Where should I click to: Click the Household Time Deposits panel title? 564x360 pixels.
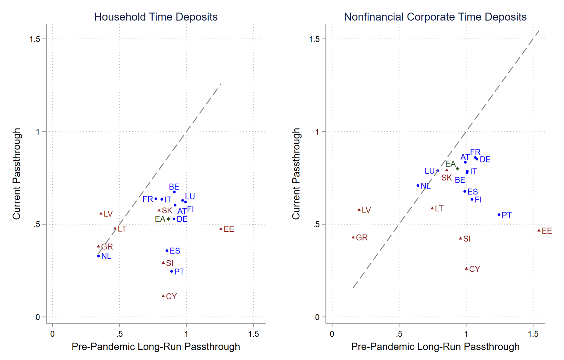pos(156,17)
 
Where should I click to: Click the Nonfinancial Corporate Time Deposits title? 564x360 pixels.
pos(435,17)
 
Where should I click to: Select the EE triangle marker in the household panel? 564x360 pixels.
pos(221,229)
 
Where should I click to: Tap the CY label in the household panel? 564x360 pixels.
pos(171,296)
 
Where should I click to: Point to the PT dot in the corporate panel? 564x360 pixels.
pos(499,215)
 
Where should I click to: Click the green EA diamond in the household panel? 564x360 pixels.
pos(168,219)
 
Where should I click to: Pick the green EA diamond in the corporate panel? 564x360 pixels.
pos(457,169)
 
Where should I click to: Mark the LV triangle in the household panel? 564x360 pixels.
pos(101,213)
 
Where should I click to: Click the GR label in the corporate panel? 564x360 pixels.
pos(362,238)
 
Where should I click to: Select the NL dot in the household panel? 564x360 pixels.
pos(99,256)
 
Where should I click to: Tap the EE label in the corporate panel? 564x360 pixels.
pos(547,231)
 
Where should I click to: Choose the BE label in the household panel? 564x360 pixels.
pos(174,187)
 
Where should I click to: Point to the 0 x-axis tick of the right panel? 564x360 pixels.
pos(332,334)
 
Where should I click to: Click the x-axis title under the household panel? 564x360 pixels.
pos(156,346)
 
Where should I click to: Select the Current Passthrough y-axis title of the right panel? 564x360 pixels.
pos(296,173)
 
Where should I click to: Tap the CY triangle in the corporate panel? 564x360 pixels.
pos(466,269)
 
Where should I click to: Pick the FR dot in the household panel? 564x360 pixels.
pos(156,199)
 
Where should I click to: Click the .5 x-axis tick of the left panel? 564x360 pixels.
pos(119,334)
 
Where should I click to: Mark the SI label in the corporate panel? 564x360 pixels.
pos(467,239)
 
